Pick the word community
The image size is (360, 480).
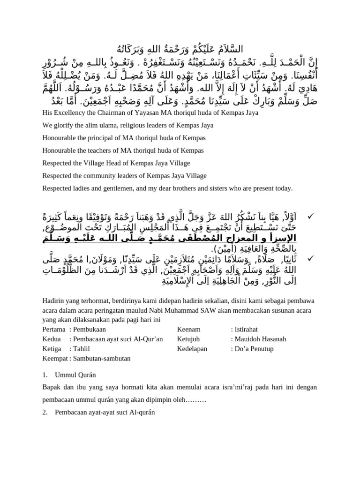coord(105,176)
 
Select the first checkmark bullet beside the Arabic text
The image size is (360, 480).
coord(309,216)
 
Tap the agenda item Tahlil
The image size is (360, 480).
coord(82,349)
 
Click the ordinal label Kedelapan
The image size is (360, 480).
coord(193,349)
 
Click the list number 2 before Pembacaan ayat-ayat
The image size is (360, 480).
coord(45,412)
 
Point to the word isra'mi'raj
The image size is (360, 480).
coord(230,388)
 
